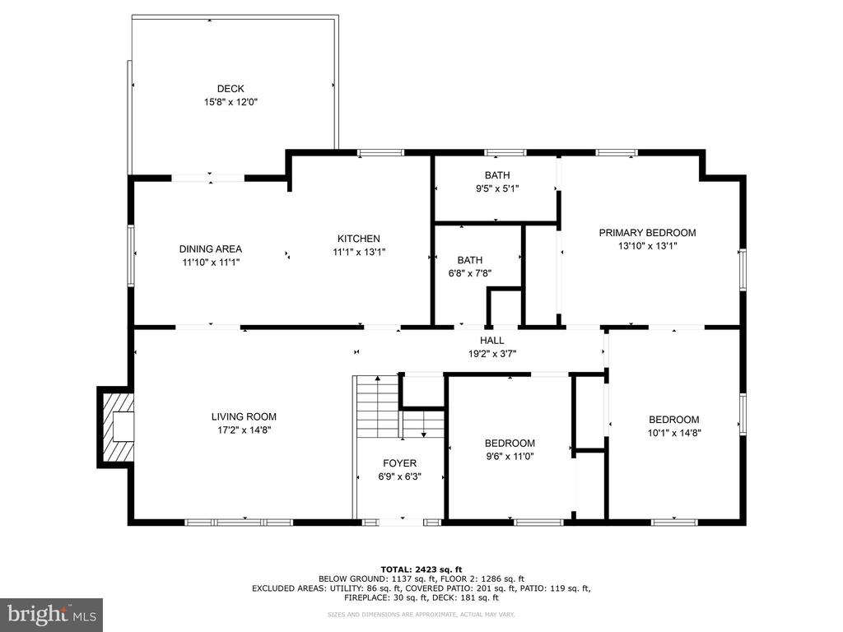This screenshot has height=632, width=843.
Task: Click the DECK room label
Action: (231, 89)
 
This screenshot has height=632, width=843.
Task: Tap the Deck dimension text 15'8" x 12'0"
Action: (231, 102)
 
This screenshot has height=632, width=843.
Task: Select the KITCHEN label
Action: (359, 239)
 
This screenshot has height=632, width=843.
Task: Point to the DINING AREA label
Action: (210, 249)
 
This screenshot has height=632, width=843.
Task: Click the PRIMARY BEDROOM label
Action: (647, 233)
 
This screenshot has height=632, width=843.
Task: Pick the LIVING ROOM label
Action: (244, 416)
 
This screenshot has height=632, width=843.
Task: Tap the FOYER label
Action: (399, 463)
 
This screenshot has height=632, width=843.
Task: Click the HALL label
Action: (492, 340)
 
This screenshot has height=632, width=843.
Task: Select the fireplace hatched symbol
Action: (115, 427)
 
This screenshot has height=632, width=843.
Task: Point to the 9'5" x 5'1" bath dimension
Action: (497, 188)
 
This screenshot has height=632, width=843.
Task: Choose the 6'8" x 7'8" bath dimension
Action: (470, 273)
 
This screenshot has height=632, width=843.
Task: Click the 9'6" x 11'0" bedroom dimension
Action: (510, 457)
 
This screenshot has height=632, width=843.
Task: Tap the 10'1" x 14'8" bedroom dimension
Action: (674, 433)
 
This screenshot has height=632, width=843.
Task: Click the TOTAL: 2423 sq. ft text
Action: (421, 569)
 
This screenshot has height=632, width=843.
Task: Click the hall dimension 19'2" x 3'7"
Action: (492, 354)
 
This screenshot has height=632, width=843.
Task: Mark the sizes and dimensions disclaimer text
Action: (421, 614)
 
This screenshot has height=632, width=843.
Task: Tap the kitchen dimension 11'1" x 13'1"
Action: (359, 252)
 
